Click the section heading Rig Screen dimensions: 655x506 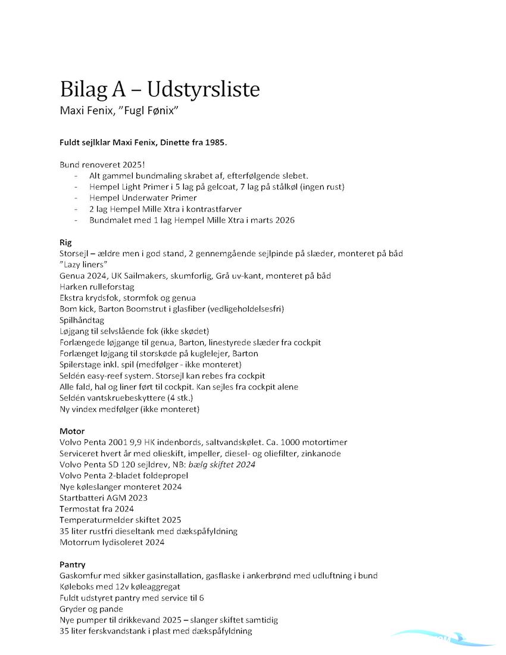pyautogui.click(x=65, y=242)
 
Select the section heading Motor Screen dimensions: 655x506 pyautogui.click(x=72, y=431)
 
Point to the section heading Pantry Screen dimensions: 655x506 pyautogui.click(x=73, y=564)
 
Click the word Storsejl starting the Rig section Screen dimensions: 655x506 pyautogui.click(x=76, y=254)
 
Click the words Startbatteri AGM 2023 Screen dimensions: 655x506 pyautogui.click(x=104, y=498)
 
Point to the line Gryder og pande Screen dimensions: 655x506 pyautogui.click(x=92, y=609)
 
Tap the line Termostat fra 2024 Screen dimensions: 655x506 pyautogui.click(x=96, y=509)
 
